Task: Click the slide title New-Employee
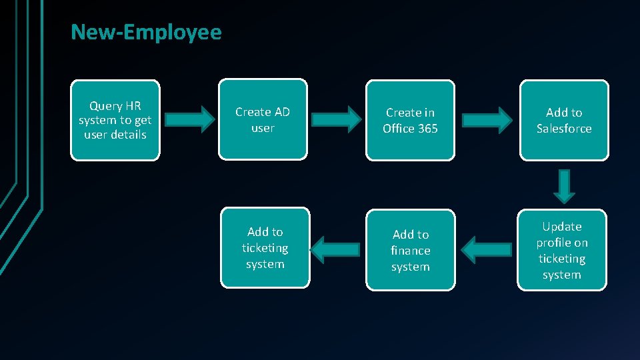(146, 32)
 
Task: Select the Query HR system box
(115, 120)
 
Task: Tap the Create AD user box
(263, 120)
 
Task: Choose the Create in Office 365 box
(410, 120)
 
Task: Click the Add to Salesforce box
(564, 120)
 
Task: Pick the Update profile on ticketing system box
(562, 250)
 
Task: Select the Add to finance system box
(411, 250)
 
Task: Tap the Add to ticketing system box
(265, 247)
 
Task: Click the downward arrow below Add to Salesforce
(564, 185)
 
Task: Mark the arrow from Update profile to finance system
(487, 249)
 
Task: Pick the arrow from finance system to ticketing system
(335, 249)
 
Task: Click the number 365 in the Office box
(427, 129)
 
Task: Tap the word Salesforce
(564, 129)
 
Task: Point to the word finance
(411, 251)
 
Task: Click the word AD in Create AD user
(281, 112)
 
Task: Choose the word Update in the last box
(562, 227)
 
